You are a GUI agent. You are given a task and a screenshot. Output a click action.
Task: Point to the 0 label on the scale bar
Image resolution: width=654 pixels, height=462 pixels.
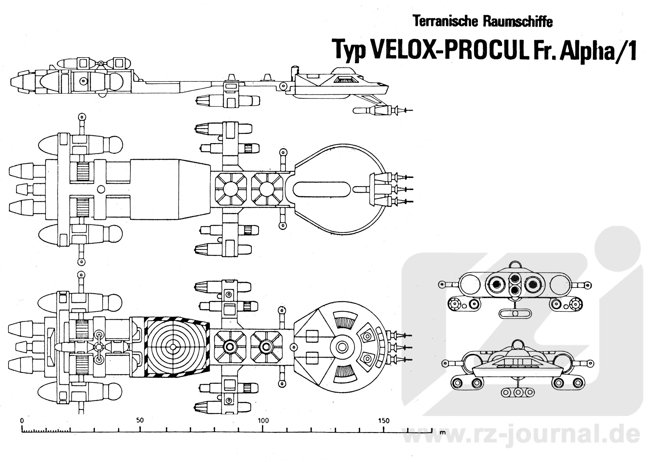coord(22,421)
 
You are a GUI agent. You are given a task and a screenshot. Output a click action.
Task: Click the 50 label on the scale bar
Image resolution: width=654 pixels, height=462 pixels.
coord(140,420)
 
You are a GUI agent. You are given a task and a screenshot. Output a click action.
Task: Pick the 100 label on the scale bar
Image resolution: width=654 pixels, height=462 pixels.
coord(263,420)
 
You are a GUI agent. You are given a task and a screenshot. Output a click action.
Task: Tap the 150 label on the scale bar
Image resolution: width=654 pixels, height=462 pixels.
coord(384,420)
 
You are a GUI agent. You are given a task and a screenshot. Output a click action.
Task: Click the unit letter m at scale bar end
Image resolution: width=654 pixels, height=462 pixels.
coord(442,433)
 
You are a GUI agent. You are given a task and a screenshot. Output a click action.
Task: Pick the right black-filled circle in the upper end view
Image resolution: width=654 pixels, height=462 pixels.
coord(533,284)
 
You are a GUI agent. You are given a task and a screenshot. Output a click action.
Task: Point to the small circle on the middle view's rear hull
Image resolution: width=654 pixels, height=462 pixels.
coord(101,189)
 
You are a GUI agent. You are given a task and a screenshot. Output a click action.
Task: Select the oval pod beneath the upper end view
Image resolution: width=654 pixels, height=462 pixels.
coord(515,313)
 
